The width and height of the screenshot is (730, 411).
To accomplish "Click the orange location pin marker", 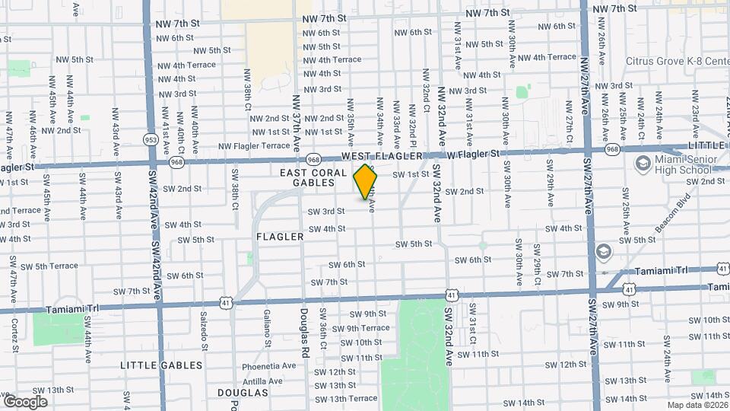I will pos(366,182).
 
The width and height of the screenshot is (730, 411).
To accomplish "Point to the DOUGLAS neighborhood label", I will pos(243,393).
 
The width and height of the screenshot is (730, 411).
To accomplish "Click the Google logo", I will pos(25,401).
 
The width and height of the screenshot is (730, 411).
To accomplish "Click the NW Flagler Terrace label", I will pos(254,145).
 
